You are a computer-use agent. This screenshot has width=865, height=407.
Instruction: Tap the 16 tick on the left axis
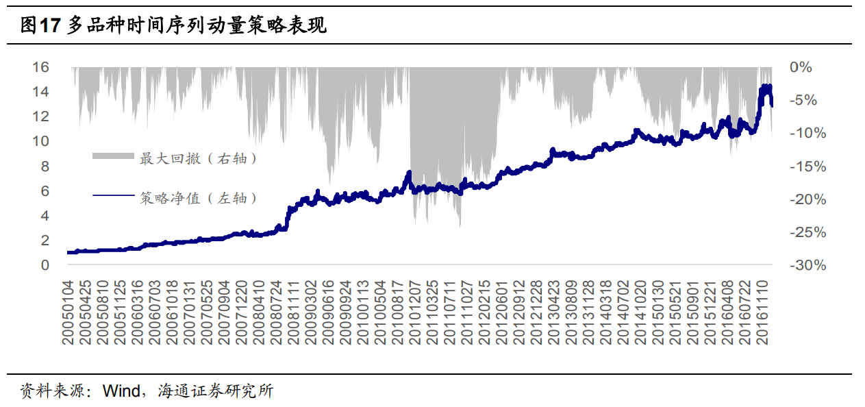pyautogui.click(x=41, y=67)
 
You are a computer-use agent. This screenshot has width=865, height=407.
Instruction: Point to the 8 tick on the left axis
pyautogui.click(x=45, y=166)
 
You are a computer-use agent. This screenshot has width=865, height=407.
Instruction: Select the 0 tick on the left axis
pyautogui.click(x=45, y=265)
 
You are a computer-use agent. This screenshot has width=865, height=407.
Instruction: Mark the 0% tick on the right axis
pyautogui.click(x=801, y=67)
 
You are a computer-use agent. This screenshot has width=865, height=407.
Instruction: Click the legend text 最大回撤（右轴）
pyautogui.click(x=199, y=158)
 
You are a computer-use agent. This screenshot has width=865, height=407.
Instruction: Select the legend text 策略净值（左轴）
pyautogui.click(x=199, y=198)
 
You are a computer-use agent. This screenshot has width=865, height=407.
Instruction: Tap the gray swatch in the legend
pyautogui.click(x=113, y=158)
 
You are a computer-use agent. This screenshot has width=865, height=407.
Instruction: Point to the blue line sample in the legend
pyautogui.click(x=113, y=197)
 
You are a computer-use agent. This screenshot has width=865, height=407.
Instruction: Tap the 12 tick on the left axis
pyautogui.click(x=41, y=116)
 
